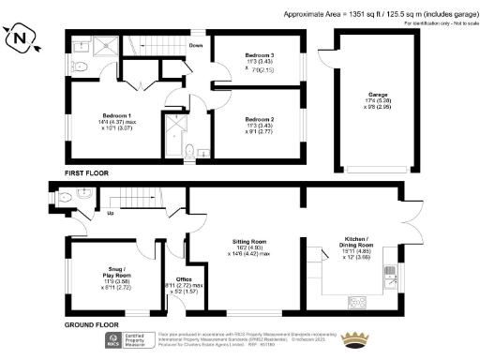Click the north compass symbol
(23, 40)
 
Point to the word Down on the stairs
(197, 45)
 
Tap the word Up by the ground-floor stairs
(112, 214)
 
